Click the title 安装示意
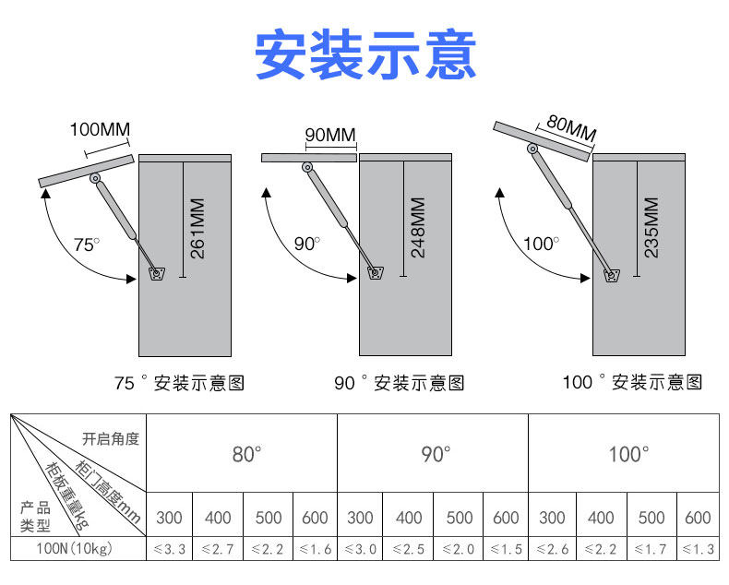click(x=364, y=55)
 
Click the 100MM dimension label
click(x=100, y=128)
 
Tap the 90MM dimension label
click(x=329, y=136)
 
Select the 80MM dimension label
click(x=570, y=127)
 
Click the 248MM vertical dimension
click(x=417, y=228)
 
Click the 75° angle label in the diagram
click(x=86, y=245)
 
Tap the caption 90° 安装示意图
click(x=399, y=383)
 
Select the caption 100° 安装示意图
click(x=632, y=382)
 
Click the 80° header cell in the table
click(x=246, y=454)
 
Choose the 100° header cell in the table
click(x=627, y=454)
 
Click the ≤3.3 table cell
click(x=170, y=549)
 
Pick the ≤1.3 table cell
click(x=699, y=549)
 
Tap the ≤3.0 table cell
click(x=360, y=549)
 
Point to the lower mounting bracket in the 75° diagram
click(x=154, y=273)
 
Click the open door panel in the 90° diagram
click(x=308, y=158)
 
